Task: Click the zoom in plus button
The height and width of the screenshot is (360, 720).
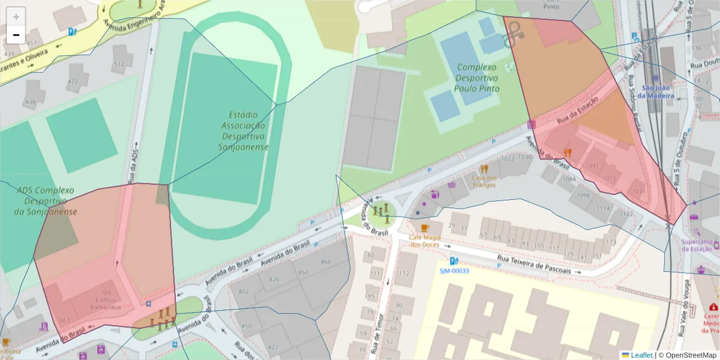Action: pyautogui.click(x=16, y=17)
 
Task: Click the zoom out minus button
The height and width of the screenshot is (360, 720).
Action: pyautogui.click(x=16, y=35)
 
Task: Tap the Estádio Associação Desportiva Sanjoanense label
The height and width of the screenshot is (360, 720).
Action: pyautogui.click(x=243, y=130)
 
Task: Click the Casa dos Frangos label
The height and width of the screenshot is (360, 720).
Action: pyautogui.click(x=484, y=181)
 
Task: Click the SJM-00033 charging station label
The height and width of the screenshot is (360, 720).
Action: pyautogui.click(x=454, y=271)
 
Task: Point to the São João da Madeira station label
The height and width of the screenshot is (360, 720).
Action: pyautogui.click(x=655, y=91)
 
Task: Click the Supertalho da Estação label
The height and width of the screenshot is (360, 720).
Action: pyautogui.click(x=698, y=245)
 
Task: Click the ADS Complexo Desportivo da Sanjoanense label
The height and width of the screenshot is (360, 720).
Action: pyautogui.click(x=46, y=201)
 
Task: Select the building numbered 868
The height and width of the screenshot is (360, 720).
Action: pyautogui.click(x=326, y=262)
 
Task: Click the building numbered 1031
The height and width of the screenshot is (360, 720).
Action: pyautogui.click(x=638, y=191)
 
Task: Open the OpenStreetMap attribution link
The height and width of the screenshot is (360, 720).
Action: pyautogui.click(x=688, y=355)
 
